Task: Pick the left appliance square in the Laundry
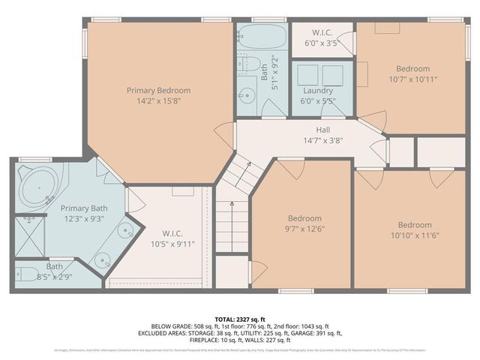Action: (306, 74)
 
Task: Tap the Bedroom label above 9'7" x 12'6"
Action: (304, 218)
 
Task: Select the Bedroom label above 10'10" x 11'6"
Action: (414, 225)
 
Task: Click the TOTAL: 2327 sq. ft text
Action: (240, 319)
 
